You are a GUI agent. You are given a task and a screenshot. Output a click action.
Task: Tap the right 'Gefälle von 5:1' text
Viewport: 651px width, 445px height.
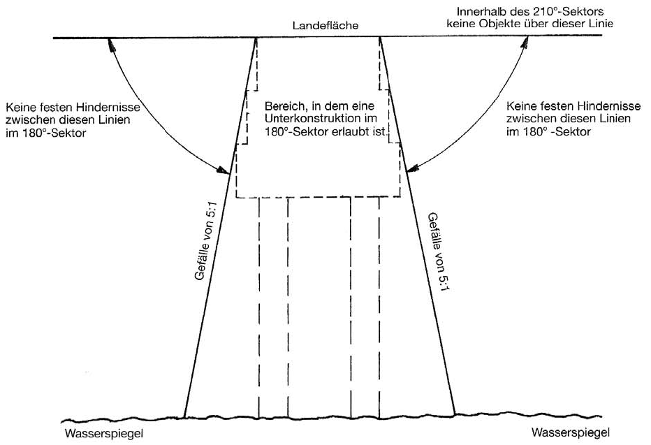point(434,252)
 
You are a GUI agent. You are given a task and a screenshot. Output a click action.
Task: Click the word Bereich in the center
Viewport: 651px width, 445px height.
point(283,107)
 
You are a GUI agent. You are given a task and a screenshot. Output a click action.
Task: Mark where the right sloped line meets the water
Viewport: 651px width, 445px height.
point(455,413)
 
